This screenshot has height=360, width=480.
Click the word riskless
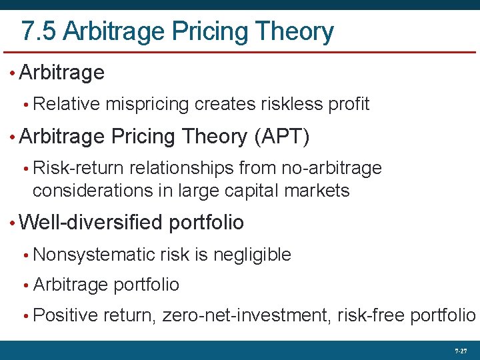[x=285, y=104]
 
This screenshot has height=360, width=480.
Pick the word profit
[x=347, y=104]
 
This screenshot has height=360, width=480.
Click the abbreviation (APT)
[x=282, y=137]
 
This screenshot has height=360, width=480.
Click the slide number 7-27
[x=460, y=350]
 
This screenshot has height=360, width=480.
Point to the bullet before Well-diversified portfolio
[x=13, y=223]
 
